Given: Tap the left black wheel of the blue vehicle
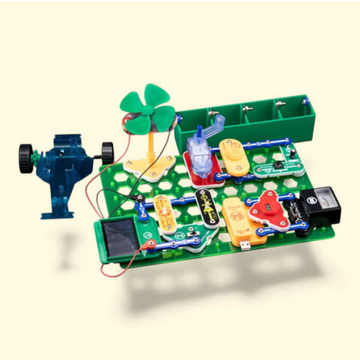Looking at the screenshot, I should coord(26,157).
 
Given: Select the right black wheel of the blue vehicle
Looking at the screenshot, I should coord(107,151).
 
